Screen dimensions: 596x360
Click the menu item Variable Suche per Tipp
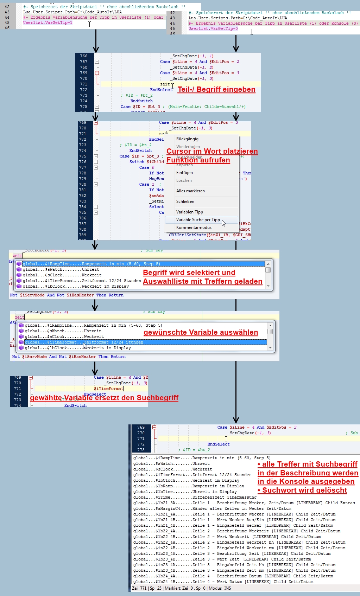(x=198, y=220)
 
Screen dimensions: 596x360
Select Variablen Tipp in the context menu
(x=189, y=212)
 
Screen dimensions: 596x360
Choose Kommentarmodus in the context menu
(x=194, y=227)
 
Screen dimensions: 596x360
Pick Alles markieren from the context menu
(x=190, y=191)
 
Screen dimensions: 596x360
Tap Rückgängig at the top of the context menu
(x=187, y=139)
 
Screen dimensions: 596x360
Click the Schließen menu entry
(x=185, y=201)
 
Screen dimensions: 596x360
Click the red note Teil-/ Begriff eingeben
(x=216, y=89)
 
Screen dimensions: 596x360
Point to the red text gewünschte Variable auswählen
(x=201, y=332)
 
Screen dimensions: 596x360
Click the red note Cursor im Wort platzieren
(x=212, y=151)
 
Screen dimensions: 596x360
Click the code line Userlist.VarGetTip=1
(x=48, y=23)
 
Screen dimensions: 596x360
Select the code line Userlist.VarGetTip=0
(x=213, y=28)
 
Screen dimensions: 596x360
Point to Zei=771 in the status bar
(x=139, y=588)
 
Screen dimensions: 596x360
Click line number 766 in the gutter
(x=83, y=56)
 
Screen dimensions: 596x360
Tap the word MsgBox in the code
(x=156, y=179)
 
